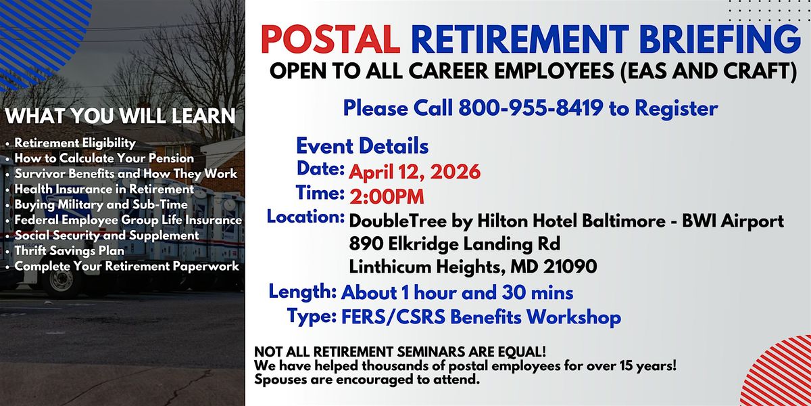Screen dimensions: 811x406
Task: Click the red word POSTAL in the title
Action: tap(330, 39)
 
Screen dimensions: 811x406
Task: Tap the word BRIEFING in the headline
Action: tap(720, 39)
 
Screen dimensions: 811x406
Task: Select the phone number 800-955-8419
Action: tap(531, 108)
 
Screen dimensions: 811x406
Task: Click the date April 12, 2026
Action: tap(414, 172)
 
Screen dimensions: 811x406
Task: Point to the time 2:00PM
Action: tap(387, 197)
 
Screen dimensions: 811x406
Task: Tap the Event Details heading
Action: tap(362, 146)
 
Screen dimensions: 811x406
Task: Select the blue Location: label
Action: tap(305, 217)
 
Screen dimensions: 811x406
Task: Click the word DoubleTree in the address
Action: tap(397, 221)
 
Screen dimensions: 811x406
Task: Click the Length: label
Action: tap(303, 292)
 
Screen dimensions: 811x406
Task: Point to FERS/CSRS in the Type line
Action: tap(393, 317)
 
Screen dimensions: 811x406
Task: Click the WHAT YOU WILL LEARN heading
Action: tap(120, 116)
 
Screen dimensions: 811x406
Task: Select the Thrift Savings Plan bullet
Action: tap(70, 251)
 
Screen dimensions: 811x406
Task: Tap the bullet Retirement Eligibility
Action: tap(75, 143)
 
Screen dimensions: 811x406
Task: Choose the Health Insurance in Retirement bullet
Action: tap(104, 189)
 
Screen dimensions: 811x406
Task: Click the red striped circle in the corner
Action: tap(779, 374)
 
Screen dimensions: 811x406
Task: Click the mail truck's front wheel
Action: tap(62, 281)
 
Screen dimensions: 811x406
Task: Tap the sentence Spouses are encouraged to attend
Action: tap(367, 380)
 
